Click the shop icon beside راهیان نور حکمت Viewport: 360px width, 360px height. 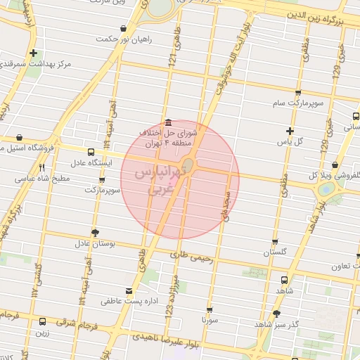coord(124,29)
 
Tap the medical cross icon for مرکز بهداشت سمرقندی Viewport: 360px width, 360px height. coord(34,53)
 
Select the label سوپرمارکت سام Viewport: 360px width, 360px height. coord(298,103)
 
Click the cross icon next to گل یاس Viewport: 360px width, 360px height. coord(289,131)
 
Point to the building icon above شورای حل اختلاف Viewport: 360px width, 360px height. coord(166,121)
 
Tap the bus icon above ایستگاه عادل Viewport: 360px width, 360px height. coord(91,152)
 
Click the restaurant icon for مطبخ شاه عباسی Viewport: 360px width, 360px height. coord(41,167)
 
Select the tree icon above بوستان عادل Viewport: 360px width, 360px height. coord(96,232)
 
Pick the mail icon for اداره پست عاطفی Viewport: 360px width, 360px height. coord(128,290)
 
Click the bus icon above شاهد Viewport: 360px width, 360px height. coord(284,278)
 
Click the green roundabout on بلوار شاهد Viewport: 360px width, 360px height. coord(326,189)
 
